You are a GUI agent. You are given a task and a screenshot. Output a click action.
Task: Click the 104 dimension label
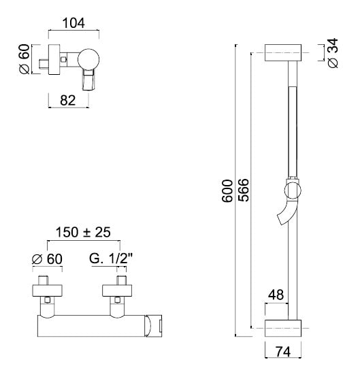coord(73,23)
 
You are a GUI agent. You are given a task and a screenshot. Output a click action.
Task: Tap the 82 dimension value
coord(68,101)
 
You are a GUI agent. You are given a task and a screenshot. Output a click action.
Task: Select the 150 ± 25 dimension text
coord(83,232)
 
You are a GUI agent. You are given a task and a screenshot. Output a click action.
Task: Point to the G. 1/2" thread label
coord(111,259)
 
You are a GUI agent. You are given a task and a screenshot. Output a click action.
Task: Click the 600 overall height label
coord(227,191)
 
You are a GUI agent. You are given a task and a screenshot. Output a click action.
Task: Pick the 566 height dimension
coord(244,190)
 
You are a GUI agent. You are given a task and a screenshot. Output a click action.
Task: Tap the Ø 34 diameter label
coord(333,53)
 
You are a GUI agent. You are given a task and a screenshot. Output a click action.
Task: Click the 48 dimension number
coord(276,295)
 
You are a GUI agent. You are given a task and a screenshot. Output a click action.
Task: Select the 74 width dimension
coord(283,352)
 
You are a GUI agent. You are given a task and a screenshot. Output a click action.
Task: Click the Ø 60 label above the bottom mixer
coord(47,259)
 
